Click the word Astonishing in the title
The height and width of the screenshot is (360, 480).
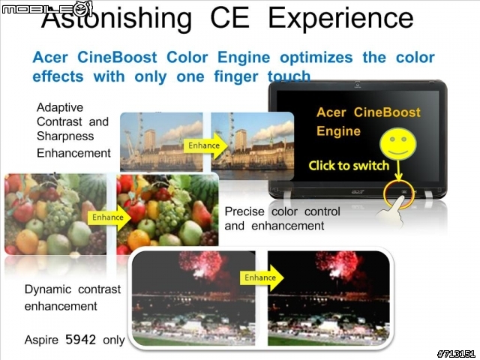pos(116,18)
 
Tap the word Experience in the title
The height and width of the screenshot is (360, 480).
pos(340,18)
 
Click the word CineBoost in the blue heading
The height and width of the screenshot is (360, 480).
pos(117,58)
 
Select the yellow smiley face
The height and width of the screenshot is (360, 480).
pos(398,144)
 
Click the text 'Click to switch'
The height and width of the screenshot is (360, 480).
pos(349,166)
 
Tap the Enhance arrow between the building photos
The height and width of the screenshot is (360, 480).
pos(205,145)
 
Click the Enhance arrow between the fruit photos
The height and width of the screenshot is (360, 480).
pos(109,217)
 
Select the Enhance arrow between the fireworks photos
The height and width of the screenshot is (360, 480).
pos(262,277)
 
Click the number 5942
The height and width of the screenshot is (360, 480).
pos(80,340)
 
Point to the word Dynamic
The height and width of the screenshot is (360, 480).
pos(48,289)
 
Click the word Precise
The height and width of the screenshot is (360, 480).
pos(244,211)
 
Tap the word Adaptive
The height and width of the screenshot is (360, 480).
pos(60,108)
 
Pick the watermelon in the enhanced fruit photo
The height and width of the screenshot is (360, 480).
pos(205,187)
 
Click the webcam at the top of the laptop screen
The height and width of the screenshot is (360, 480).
pos(357,84)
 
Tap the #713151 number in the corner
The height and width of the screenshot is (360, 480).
pos(457,354)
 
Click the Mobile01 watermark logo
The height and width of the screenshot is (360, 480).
pos(46,9)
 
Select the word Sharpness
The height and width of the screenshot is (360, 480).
pos(65,136)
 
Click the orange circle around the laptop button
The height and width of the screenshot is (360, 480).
pos(399,193)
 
